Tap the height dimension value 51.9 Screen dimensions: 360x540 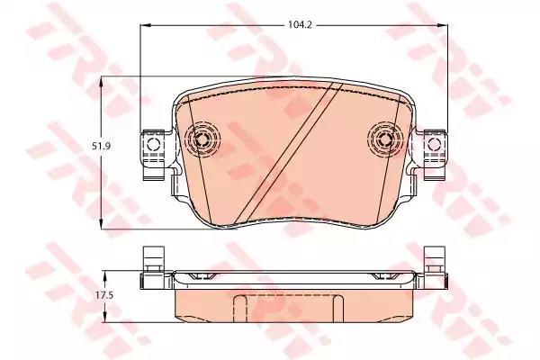pyautogui.click(x=79, y=148)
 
